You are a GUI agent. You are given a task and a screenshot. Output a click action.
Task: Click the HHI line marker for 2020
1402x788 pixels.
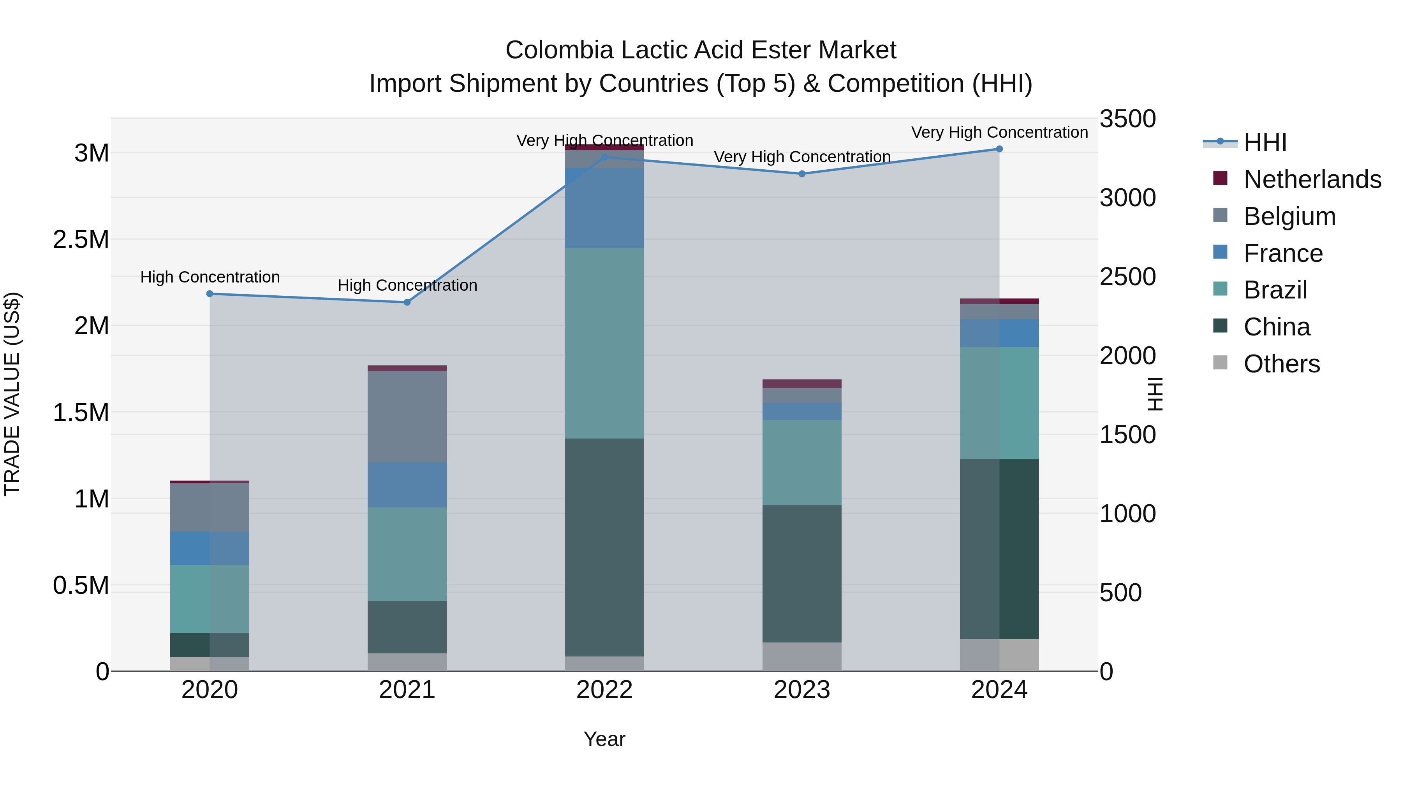pos(210,294)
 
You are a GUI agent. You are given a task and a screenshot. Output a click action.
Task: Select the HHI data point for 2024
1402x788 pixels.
pos(999,149)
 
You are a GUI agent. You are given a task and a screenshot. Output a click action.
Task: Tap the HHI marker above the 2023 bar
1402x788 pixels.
pos(802,174)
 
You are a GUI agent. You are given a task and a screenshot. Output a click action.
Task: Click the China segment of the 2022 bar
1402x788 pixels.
pos(604,547)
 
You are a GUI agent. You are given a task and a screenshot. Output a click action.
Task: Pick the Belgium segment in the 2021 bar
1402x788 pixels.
pos(407,416)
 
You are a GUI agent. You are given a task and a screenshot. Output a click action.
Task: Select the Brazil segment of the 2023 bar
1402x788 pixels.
pos(802,462)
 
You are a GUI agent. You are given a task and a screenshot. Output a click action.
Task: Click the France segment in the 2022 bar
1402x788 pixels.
pos(604,208)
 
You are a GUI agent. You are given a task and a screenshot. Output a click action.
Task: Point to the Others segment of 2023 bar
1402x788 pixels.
pos(802,656)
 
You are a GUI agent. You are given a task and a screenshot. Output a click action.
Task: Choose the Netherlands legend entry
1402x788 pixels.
pos(1312,179)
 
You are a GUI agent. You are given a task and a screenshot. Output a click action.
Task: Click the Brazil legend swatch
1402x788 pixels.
pos(1220,289)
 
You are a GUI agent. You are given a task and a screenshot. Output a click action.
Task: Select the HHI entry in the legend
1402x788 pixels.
pos(1264,142)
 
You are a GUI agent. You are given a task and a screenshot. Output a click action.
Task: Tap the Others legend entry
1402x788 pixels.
pos(1281,364)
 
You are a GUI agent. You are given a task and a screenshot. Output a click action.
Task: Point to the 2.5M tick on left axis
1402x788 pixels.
pos(81,239)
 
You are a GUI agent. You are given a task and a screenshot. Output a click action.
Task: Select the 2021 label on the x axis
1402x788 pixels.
pos(407,690)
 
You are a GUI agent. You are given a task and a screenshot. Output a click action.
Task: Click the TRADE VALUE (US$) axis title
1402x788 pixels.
pos(12,394)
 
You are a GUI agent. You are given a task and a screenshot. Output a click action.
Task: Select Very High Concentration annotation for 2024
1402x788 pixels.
pos(999,132)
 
